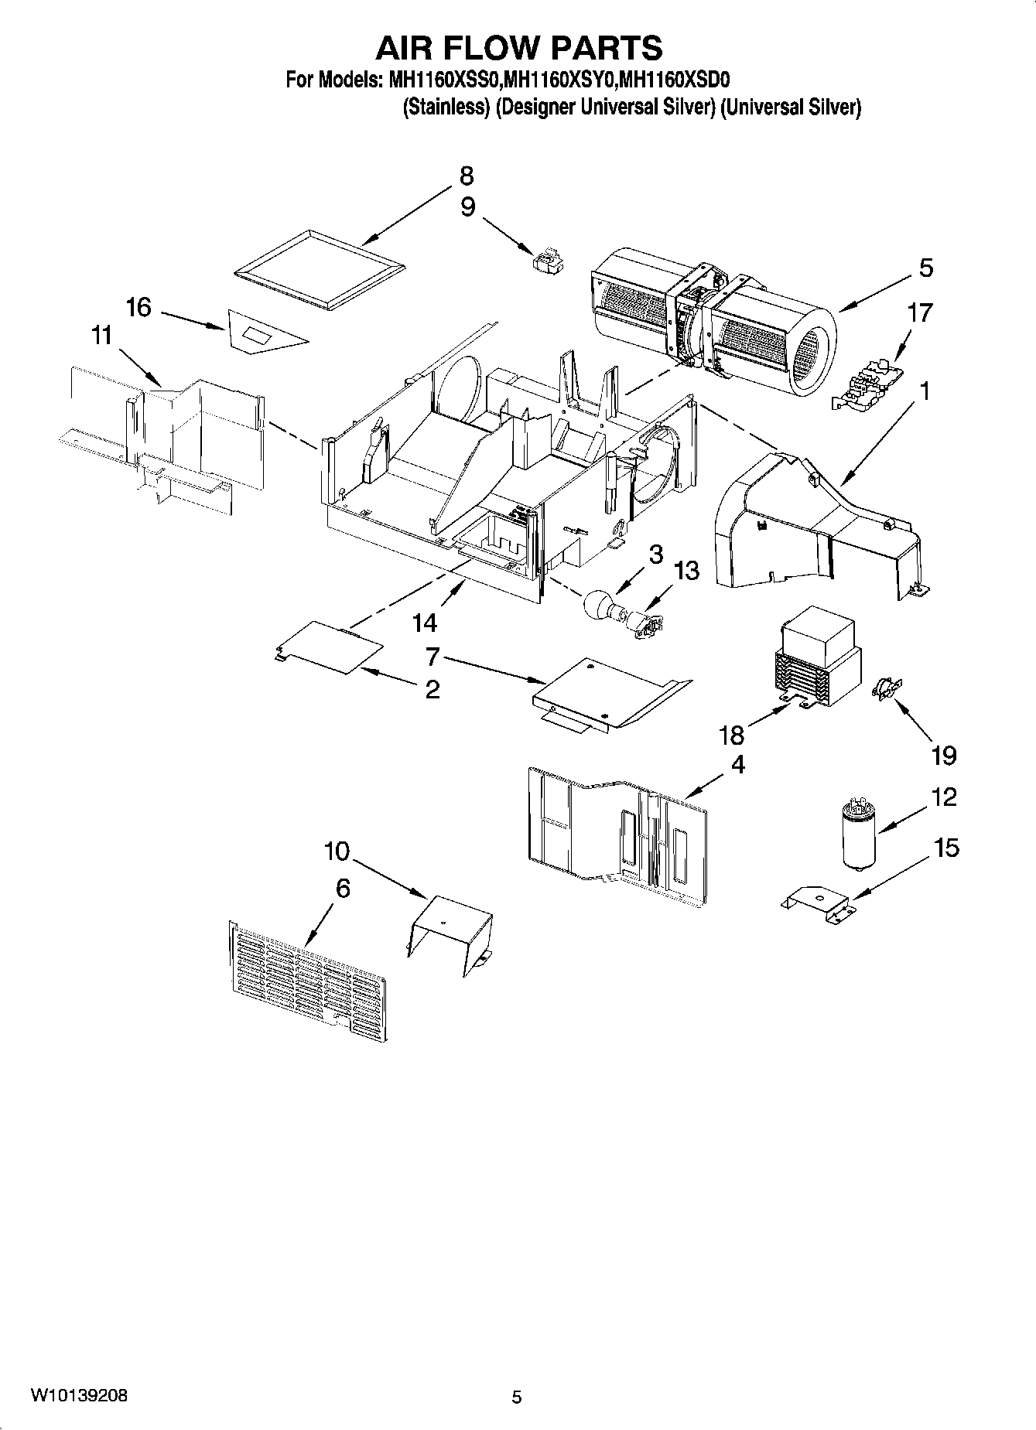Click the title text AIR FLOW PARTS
(x=518, y=48)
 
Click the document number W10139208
(x=79, y=1396)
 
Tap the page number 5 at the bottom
(x=517, y=1398)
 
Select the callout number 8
(x=466, y=176)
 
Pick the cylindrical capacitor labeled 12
(x=858, y=836)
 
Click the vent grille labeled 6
(x=308, y=978)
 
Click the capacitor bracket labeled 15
(x=817, y=902)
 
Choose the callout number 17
(x=920, y=313)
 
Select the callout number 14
(x=425, y=623)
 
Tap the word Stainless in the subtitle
(x=447, y=108)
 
